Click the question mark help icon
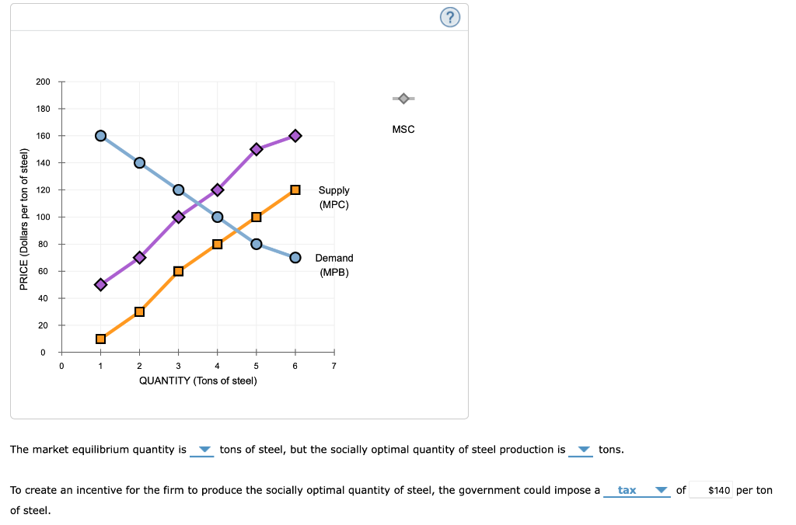click(450, 17)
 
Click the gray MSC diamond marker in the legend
click(403, 99)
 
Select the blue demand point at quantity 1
click(100, 136)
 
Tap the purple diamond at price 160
click(295, 136)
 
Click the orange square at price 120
click(295, 189)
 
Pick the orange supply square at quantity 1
click(100, 339)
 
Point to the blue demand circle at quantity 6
click(295, 257)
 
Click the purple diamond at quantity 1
click(100, 284)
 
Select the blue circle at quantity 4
click(218, 217)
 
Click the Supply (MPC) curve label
click(333, 197)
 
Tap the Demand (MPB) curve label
click(333, 265)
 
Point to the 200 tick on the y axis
click(43, 82)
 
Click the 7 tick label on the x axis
click(334, 367)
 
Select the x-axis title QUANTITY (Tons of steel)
click(197, 381)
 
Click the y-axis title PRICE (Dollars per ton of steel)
click(24, 224)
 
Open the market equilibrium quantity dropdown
click(203, 450)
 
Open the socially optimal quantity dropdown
click(582, 450)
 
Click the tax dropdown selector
click(637, 490)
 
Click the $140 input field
click(711, 490)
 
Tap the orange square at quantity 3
click(178, 271)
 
